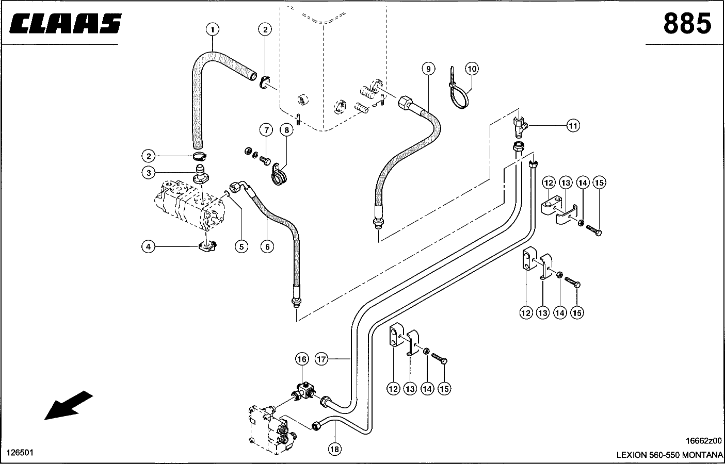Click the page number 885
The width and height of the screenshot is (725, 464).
click(687, 23)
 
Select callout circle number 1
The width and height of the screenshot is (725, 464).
click(213, 29)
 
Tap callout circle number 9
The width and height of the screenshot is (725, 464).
click(428, 69)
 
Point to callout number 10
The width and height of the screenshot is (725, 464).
click(472, 68)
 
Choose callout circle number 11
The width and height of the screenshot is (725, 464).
click(573, 125)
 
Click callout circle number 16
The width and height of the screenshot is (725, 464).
click(302, 359)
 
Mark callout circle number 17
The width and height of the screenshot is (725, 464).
click(322, 359)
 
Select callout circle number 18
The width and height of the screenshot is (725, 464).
click(334, 450)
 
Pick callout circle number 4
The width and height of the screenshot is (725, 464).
click(149, 247)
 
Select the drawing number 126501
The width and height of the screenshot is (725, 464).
click(20, 453)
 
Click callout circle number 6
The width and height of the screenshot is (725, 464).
click(267, 247)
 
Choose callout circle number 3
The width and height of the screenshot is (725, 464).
click(149, 173)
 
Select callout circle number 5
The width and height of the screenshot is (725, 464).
click(241, 247)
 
